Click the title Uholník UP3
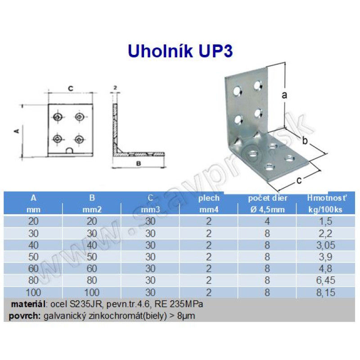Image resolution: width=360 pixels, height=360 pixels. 180,51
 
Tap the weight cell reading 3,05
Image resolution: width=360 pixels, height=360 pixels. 325,245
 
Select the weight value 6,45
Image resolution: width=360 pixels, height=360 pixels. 325,280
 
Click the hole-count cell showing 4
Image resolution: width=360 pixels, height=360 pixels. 267,221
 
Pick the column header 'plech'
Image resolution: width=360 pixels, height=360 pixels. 209,198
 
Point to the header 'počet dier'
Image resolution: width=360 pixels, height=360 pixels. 267,198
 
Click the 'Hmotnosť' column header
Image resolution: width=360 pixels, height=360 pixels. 327,198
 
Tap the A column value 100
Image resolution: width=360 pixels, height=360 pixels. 33,292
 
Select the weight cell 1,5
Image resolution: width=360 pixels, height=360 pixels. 325,221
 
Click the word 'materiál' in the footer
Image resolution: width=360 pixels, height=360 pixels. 28,304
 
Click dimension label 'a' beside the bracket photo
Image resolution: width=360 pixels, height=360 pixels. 284,95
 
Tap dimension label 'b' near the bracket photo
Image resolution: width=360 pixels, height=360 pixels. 305,140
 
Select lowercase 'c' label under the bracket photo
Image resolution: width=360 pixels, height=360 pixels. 299,180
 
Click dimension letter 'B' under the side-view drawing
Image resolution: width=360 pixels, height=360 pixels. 139,163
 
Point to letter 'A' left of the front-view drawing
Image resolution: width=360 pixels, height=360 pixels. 17,131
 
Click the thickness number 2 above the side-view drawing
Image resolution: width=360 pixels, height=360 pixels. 115,88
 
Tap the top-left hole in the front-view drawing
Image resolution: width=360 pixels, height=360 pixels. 58,117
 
